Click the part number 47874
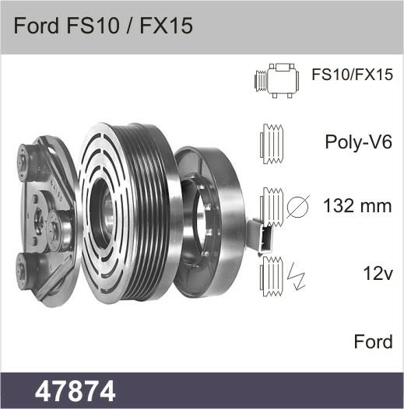[x=75, y=391]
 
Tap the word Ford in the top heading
[x=37, y=26]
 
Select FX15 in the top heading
[x=167, y=26]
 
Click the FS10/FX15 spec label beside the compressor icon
[x=352, y=75]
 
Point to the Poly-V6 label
[x=359, y=142]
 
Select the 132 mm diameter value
[x=357, y=206]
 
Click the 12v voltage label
[x=378, y=273]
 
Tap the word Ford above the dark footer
[x=373, y=341]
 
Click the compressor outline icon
[x=277, y=80]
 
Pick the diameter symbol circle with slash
[x=297, y=206]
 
